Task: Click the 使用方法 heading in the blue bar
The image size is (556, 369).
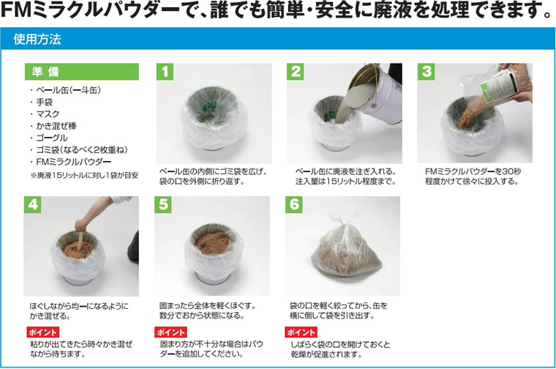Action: (37, 39)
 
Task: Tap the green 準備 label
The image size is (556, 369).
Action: (81, 72)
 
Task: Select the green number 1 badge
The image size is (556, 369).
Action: (165, 72)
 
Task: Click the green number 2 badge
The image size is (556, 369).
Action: (296, 72)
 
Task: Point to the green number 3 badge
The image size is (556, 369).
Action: (426, 72)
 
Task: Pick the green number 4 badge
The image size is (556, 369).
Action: (32, 205)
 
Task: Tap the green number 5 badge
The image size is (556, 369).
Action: (163, 205)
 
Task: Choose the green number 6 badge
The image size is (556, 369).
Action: (294, 205)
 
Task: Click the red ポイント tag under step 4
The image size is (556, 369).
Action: (43, 332)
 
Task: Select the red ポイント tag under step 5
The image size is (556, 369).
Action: (171, 332)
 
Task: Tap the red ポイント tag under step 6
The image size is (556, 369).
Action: (301, 332)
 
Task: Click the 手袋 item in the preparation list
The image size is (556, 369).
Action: (44, 102)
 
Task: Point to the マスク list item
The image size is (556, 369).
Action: (48, 114)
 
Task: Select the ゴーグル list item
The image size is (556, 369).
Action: (52, 138)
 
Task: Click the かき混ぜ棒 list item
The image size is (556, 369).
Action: (56, 126)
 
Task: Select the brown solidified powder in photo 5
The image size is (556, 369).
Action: (212, 242)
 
